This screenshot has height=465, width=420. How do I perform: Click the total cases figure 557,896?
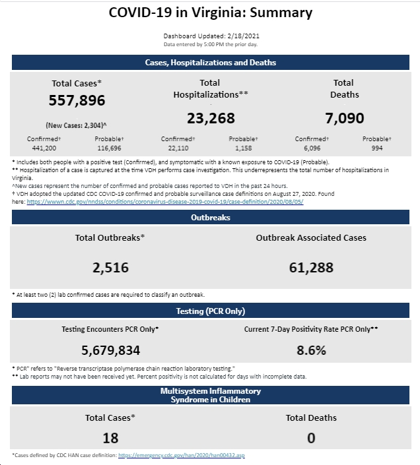(77, 100)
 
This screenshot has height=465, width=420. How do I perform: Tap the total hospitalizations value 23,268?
(211, 118)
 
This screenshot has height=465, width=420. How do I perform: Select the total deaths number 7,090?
(344, 118)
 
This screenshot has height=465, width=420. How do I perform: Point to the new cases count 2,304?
(93, 125)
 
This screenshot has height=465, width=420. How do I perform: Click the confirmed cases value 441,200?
(44, 148)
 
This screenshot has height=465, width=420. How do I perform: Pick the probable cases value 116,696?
(109, 148)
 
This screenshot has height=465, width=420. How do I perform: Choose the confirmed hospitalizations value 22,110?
(178, 148)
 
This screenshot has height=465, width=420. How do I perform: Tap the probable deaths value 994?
(377, 148)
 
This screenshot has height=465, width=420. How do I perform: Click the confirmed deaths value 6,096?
(312, 148)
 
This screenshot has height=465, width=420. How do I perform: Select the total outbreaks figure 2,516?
(110, 268)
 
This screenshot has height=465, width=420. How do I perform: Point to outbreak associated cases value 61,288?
(311, 268)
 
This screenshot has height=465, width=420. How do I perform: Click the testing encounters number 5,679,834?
(110, 350)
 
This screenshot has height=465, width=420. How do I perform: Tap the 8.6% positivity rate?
(311, 350)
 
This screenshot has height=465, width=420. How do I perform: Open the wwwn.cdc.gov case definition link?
(165, 202)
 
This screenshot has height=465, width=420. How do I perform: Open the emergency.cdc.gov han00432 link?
(182, 455)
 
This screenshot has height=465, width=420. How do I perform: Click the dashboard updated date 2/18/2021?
(244, 36)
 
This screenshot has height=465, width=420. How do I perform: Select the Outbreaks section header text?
(211, 218)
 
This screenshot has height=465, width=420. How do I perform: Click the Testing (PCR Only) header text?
(211, 311)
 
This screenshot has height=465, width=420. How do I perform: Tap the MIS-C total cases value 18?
(110, 438)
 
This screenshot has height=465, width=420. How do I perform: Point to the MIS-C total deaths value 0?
(311, 438)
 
